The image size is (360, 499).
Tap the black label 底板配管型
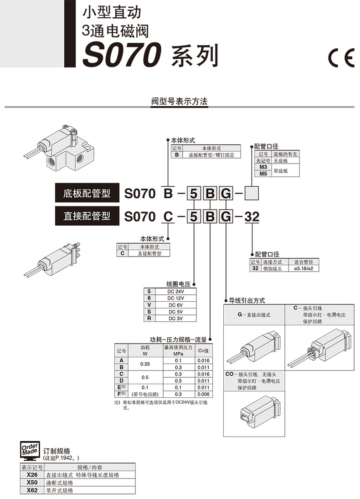(x=87, y=193)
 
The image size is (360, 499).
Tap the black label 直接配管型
(x=87, y=216)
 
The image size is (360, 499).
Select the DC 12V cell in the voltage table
(x=176, y=298)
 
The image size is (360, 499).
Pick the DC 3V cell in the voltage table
(x=176, y=318)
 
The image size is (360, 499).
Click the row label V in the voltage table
(x=149, y=305)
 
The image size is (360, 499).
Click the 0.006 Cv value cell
(x=203, y=394)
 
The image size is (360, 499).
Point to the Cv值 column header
(x=203, y=350)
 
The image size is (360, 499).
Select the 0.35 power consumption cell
(x=145, y=364)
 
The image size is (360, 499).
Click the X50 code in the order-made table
(x=32, y=483)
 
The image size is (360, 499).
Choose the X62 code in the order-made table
(x=32, y=490)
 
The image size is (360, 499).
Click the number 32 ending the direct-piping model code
(x=252, y=216)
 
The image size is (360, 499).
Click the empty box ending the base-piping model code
(x=252, y=194)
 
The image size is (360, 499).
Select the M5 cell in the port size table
(x=262, y=174)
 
